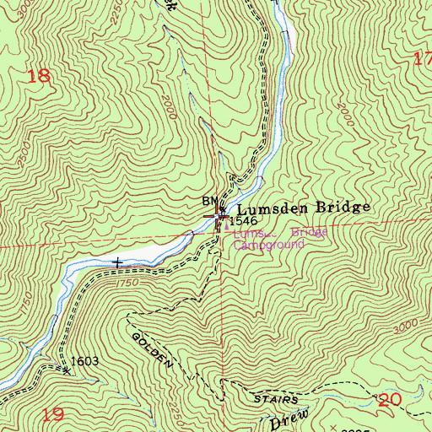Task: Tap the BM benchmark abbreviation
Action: coord(209,202)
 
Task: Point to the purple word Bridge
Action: coord(308,232)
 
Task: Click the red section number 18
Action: coord(38,76)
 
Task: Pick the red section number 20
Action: coord(390,400)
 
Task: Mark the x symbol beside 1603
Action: coord(65,369)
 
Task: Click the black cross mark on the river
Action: coord(117,262)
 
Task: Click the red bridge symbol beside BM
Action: coord(220,217)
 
